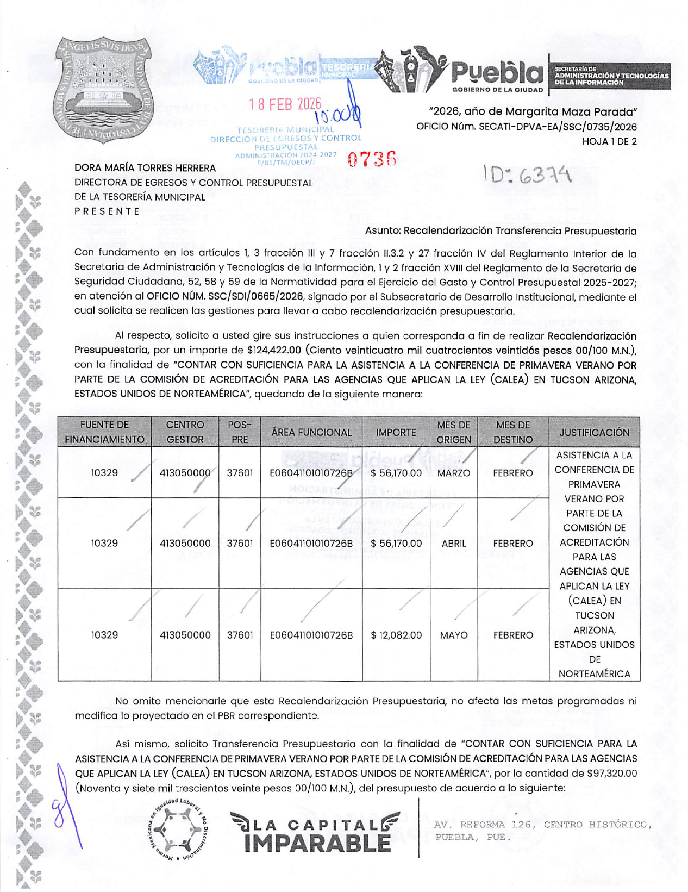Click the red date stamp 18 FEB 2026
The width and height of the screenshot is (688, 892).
click(x=285, y=104)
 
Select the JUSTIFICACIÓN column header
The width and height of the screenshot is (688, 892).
click(x=594, y=433)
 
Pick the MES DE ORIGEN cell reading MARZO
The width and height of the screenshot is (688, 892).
click(x=453, y=473)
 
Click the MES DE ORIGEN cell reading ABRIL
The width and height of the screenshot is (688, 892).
click(x=453, y=543)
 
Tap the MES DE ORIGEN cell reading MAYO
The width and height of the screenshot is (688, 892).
click(x=453, y=635)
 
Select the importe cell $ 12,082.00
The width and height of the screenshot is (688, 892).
click(x=396, y=635)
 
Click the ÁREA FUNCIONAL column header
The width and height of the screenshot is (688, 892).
click(x=311, y=433)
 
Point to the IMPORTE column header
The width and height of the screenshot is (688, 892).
click(x=396, y=433)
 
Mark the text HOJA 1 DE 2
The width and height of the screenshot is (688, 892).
click(x=609, y=142)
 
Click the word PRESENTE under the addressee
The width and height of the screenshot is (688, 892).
click(x=107, y=211)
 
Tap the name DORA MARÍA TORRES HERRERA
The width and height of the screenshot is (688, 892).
click(x=145, y=169)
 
